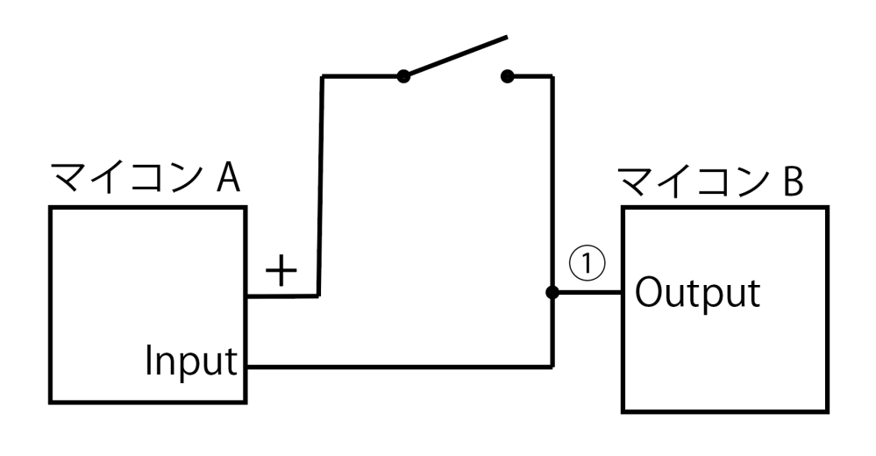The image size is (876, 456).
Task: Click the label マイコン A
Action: (146, 178)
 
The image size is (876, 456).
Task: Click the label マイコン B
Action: (710, 182)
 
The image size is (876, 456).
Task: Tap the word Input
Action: (191, 361)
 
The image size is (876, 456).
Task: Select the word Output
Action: (698, 293)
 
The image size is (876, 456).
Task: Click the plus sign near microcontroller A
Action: (281, 270)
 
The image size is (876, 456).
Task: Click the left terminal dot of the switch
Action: (403, 76)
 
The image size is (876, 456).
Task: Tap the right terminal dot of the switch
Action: (507, 76)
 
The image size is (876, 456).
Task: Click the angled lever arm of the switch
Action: (455, 56)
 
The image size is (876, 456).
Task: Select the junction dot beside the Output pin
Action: (552, 292)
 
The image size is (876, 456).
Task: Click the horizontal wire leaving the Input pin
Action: (400, 367)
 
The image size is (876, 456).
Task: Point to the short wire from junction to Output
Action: (587, 292)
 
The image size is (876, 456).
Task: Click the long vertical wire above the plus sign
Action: (320, 186)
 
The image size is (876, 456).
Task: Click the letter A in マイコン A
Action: (228, 179)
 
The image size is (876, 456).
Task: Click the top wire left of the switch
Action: (362, 76)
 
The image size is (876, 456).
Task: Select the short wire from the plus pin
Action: (282, 296)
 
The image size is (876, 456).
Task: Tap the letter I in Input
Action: (148, 361)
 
